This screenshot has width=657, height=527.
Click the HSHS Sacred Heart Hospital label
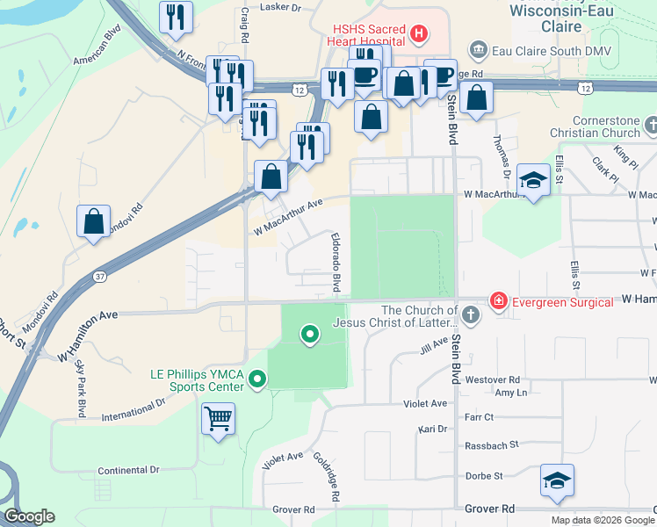[367, 34]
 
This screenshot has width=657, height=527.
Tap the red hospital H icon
[419, 35]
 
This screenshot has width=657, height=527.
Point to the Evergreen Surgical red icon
[499, 301]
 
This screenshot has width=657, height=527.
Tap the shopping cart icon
[218, 418]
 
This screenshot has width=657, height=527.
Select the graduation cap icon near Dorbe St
[557, 480]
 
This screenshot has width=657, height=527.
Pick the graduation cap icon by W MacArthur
[532, 181]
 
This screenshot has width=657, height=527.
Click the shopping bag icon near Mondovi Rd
[93, 222]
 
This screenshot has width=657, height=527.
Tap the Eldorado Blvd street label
[336, 263]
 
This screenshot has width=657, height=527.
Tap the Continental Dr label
[128, 470]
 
